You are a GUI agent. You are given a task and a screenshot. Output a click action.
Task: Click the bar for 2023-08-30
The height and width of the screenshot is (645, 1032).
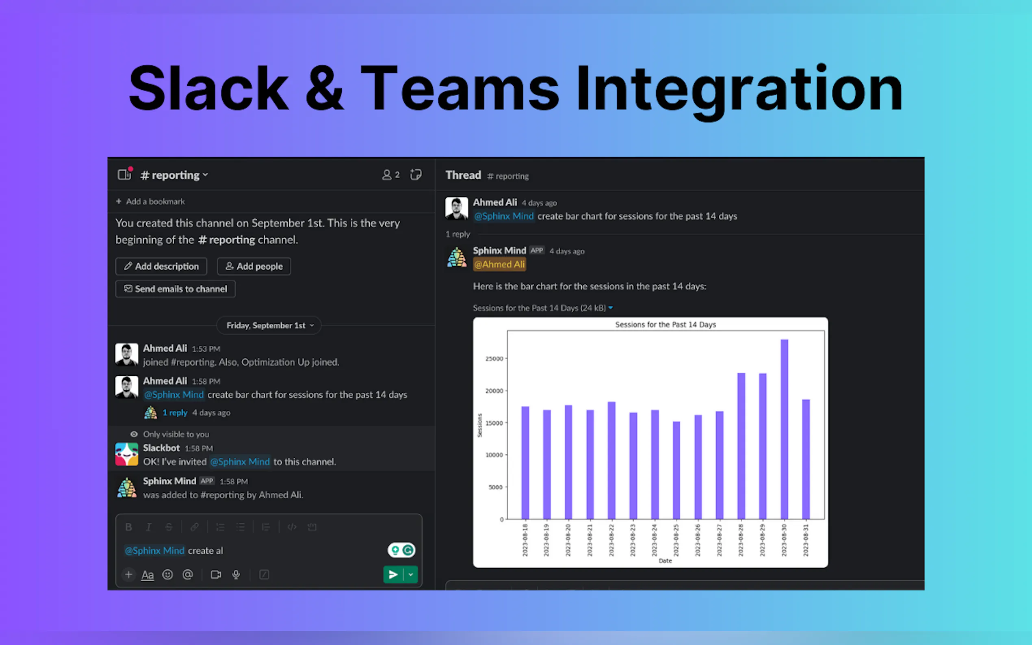click(x=784, y=429)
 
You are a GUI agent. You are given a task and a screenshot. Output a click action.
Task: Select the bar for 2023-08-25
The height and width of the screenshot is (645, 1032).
click(x=676, y=470)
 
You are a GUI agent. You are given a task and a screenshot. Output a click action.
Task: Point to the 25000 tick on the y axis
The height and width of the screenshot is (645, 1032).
click(x=494, y=359)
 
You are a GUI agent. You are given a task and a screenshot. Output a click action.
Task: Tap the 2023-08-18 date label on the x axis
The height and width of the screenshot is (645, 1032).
click(x=525, y=540)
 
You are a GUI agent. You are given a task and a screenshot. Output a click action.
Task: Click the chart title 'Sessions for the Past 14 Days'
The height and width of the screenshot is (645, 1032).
click(x=666, y=325)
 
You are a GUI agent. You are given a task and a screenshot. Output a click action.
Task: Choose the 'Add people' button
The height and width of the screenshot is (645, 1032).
click(x=254, y=266)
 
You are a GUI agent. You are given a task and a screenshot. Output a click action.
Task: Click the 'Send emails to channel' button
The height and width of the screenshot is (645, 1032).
click(x=176, y=289)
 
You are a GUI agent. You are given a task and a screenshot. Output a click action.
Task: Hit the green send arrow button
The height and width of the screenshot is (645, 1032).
click(x=393, y=575)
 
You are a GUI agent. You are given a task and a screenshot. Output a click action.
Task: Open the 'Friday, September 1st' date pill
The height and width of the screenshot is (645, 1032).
click(x=269, y=325)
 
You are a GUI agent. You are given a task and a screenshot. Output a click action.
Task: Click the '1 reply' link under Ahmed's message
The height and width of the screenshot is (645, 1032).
click(x=175, y=413)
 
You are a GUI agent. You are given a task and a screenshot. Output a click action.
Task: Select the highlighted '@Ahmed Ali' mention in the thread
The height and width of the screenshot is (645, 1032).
click(x=500, y=264)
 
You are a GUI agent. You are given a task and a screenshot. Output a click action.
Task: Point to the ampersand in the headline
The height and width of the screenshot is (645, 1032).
click(x=324, y=88)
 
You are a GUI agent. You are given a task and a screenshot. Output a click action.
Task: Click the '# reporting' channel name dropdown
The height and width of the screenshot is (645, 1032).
click(x=174, y=175)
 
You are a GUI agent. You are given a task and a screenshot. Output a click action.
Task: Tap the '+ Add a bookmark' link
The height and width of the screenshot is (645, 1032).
click(x=150, y=201)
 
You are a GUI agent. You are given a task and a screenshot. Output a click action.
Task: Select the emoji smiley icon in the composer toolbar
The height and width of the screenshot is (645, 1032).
click(x=168, y=575)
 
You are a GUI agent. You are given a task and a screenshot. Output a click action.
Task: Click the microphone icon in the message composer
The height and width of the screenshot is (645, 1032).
click(x=236, y=575)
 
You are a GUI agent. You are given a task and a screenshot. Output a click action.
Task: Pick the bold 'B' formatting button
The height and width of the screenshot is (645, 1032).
click(x=128, y=527)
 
